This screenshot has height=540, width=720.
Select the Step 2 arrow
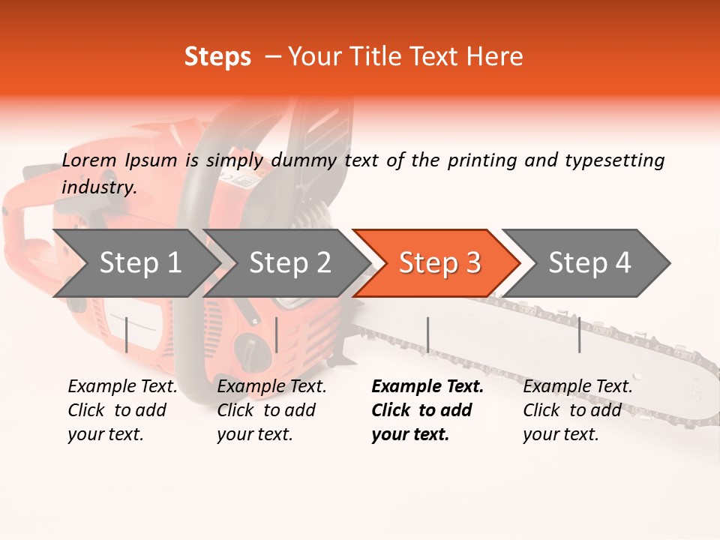click(289, 263)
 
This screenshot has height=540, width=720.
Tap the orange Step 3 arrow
click(439, 263)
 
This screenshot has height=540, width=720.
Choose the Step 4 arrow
click(589, 263)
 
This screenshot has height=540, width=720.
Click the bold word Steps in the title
click(217, 56)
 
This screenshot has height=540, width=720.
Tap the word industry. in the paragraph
click(99, 187)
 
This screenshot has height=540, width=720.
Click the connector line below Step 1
click(127, 334)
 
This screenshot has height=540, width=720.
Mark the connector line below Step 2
click(277, 334)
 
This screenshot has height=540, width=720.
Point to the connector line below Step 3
click(427, 334)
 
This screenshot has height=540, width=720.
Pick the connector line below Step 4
click(579, 334)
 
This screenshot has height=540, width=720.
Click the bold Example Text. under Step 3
click(427, 386)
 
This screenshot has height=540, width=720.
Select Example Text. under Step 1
click(122, 386)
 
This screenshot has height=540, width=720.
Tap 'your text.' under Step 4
click(560, 434)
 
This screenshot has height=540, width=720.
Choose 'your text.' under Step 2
click(254, 434)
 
